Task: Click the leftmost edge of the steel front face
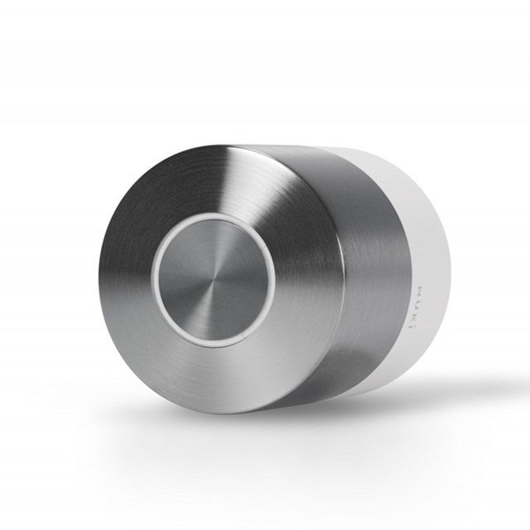(x=100, y=279)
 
